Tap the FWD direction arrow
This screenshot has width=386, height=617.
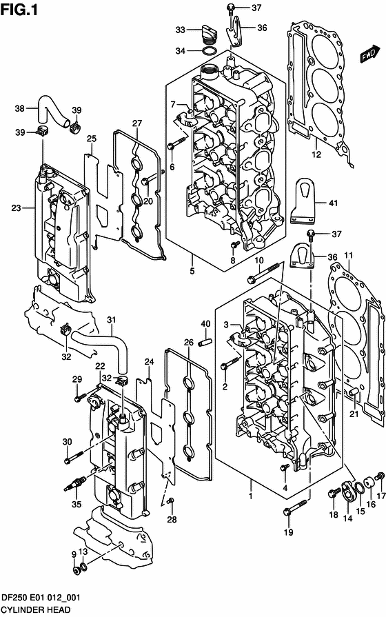370,53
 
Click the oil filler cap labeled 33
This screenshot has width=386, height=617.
207,31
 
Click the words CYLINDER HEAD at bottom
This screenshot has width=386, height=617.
32,610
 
